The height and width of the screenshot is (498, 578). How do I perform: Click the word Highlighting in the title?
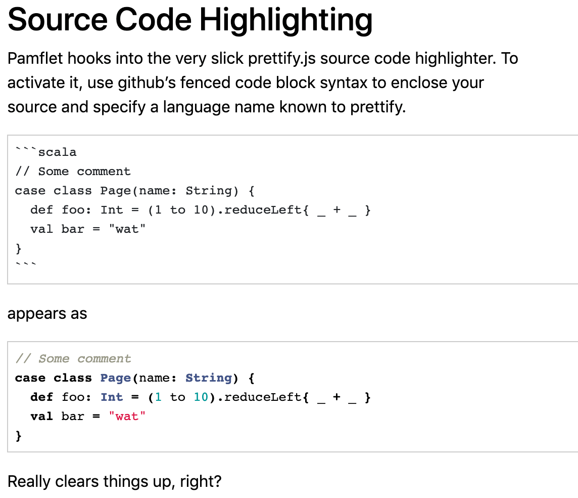tap(286, 21)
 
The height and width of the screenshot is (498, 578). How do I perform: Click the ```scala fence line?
tap(45, 152)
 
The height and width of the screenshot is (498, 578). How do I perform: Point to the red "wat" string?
tap(127, 417)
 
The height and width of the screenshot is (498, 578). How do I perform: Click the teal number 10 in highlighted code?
tap(201, 397)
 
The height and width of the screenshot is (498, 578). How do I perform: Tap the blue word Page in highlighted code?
tap(115, 378)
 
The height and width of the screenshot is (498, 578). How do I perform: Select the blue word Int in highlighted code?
tap(112, 397)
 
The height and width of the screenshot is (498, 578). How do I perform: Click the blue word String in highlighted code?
tap(209, 378)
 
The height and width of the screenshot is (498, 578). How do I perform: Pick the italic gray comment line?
tap(73, 358)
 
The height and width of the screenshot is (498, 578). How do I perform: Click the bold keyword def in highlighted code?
tap(41, 397)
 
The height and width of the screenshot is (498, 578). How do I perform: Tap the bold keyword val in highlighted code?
tap(41, 417)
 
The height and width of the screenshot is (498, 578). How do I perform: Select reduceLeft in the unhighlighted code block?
tap(263, 210)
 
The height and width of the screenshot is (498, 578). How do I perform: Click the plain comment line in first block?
tap(73, 171)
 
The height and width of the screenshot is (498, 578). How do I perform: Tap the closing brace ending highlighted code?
tap(18, 436)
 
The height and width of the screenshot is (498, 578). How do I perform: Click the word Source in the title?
tap(58, 20)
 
